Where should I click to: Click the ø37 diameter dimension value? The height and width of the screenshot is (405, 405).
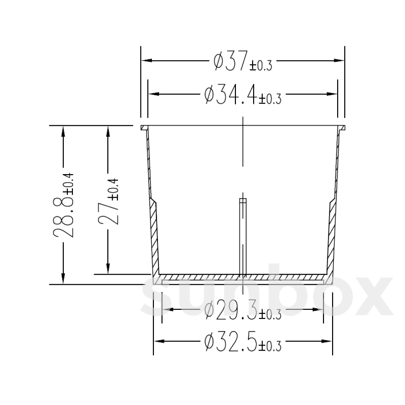pos(231,60)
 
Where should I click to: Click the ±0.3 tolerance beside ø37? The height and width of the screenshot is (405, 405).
pos(261,65)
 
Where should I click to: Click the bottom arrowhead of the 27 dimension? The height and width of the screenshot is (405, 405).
pos(108,270)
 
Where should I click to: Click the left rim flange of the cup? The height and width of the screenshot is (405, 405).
pos(144,128)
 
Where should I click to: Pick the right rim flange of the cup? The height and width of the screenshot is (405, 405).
pos(341,128)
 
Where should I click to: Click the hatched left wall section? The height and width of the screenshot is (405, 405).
pos(155,236)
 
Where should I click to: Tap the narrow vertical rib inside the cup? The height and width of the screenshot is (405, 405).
pos(243,236)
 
